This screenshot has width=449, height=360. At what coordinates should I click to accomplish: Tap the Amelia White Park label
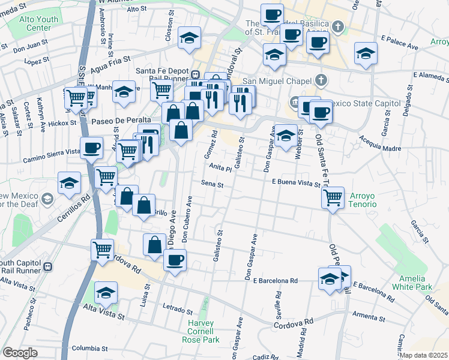pos(412,282)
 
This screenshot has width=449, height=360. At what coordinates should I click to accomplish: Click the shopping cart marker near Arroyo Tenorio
pos(333,197)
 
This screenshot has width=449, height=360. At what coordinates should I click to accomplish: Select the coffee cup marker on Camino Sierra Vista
pos(91,147)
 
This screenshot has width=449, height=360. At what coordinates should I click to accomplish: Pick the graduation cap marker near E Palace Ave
pos(366,53)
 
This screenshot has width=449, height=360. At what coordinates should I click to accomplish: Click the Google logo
pos(20,353)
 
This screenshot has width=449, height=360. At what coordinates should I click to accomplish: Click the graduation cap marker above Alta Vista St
pos(106,292)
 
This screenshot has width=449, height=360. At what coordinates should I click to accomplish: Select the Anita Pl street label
pos(221,169)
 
